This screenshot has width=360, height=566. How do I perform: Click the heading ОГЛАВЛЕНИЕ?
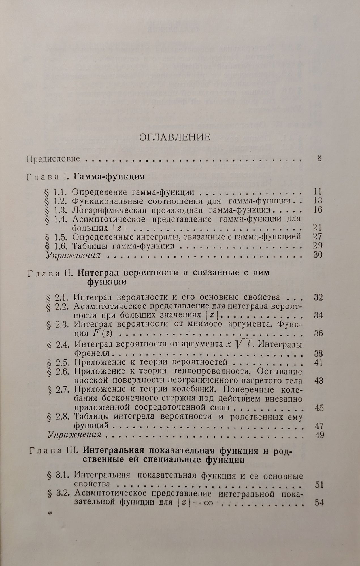click(175, 137)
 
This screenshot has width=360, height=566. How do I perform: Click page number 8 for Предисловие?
click(319, 158)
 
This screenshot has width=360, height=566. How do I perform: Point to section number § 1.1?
click(56, 192)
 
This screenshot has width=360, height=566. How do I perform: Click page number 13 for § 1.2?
click(318, 201)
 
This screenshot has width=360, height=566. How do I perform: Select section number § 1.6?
click(56, 246)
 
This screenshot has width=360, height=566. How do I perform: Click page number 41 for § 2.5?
click(319, 363)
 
